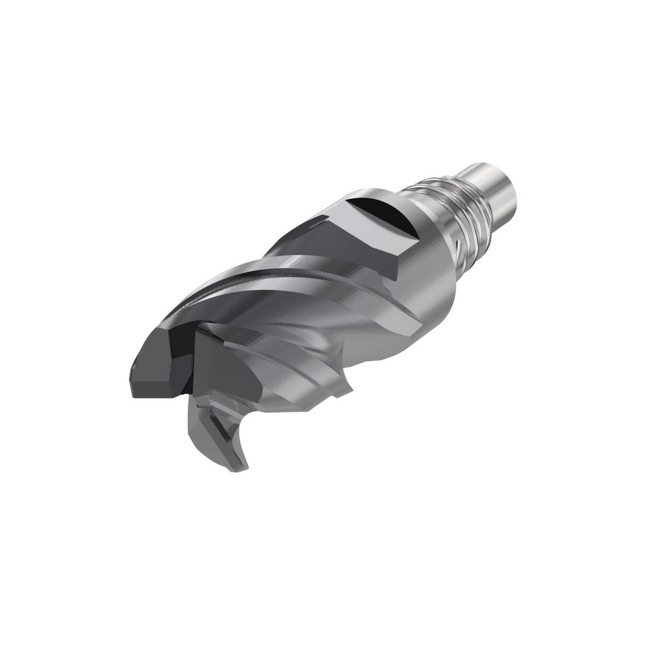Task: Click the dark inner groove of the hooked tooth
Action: [223, 430]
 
